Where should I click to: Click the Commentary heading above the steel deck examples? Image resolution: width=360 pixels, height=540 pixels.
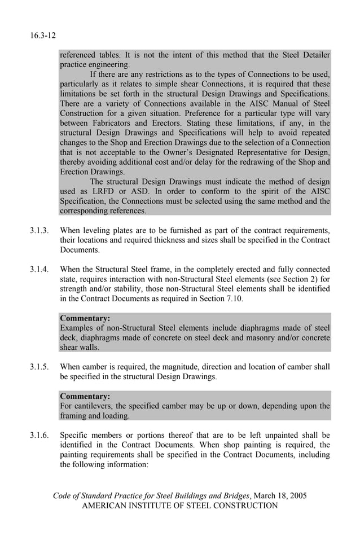85,318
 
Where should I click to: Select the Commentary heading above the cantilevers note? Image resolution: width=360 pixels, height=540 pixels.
85,396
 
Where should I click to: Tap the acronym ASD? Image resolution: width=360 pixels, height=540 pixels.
139,191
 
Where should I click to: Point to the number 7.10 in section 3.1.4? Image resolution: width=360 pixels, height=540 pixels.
233,298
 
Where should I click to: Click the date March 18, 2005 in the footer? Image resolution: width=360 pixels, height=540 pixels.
280,496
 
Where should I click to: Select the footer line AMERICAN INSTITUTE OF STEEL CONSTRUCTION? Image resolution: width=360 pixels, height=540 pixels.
180,506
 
